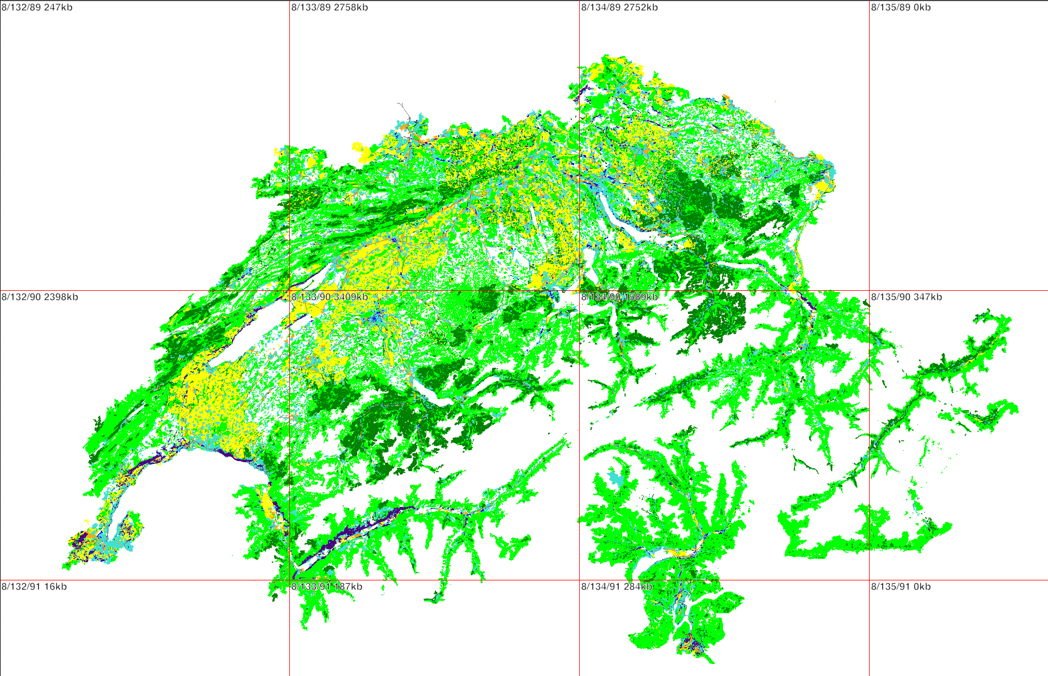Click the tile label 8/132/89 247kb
pos(37,7)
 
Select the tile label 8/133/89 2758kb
pos(330,7)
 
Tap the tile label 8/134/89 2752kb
pos(619,7)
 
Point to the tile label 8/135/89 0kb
pos(901,7)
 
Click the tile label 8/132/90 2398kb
pos(40,297)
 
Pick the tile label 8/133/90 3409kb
pos(330,297)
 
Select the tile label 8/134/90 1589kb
pos(619,297)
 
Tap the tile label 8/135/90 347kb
pos(906,297)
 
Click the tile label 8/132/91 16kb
pos(34,587)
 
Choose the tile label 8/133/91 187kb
pos(327,587)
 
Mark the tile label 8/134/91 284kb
pos(617,587)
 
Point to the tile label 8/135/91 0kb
pos(901,587)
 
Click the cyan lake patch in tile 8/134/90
pos(617,479)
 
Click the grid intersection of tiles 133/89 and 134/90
pos(579,291)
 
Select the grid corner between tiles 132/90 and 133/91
pos(289,580)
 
